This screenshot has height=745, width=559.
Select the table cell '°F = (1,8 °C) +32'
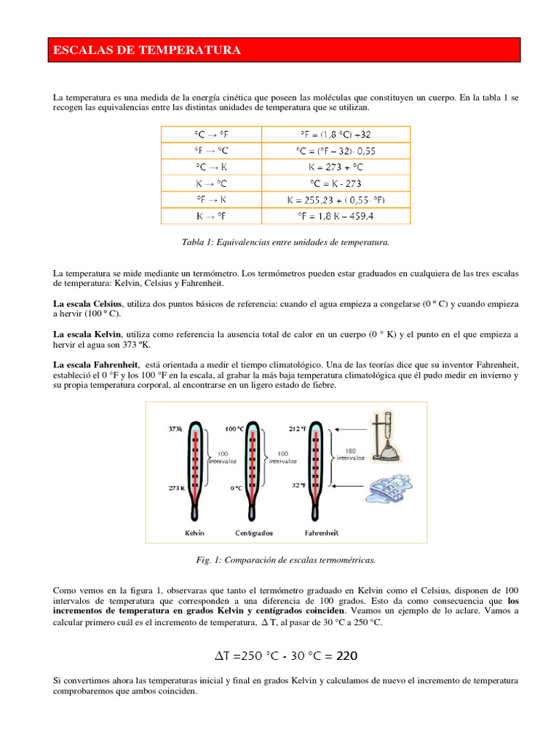(336, 135)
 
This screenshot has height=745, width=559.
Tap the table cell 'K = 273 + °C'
(336, 167)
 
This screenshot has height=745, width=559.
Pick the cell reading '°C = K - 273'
(336, 184)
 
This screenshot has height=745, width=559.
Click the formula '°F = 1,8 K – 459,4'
(336, 216)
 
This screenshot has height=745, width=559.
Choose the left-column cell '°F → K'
(211, 199)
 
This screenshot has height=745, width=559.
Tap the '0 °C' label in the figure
(237, 488)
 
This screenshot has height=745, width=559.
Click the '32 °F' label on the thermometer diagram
(298, 485)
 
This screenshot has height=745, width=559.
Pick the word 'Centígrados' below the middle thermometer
(253, 533)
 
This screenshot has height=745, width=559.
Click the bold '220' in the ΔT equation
(346, 656)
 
